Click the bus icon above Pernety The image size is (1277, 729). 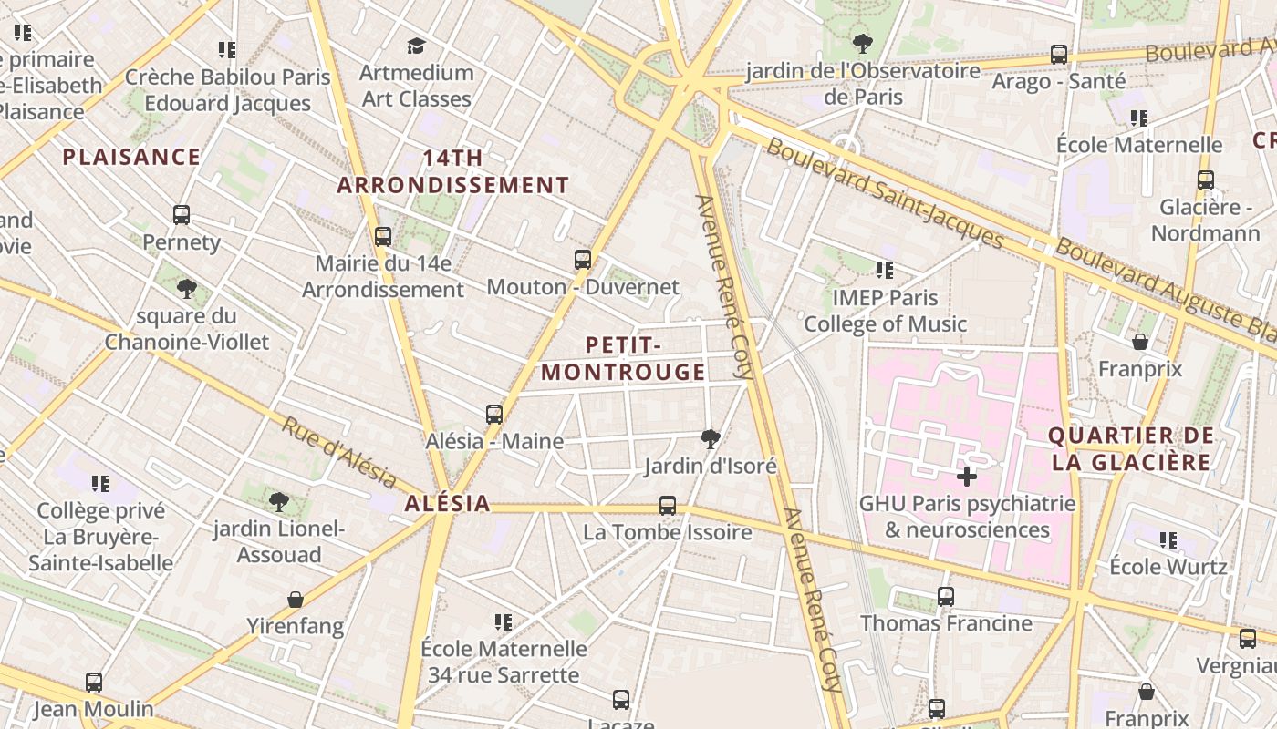[x=182, y=215]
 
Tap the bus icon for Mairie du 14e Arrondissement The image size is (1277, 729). [x=383, y=237]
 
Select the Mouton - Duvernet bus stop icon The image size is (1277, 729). [x=583, y=260]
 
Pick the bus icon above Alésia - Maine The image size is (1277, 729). [x=494, y=415]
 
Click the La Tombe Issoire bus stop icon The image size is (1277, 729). [x=668, y=506]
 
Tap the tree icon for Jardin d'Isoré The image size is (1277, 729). [x=710, y=440]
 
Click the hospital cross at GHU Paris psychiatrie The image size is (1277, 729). [x=967, y=476]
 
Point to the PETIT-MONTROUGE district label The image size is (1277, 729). [x=624, y=358]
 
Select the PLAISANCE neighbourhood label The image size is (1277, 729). [x=131, y=157]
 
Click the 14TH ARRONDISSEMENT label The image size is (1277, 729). [x=452, y=171]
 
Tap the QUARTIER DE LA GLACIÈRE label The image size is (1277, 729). [x=1130, y=448]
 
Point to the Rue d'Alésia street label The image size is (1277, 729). [x=338, y=453]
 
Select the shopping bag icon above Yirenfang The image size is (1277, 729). [x=295, y=600]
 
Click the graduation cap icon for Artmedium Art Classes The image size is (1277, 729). [x=416, y=46]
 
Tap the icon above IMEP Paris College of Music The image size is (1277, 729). [x=884, y=270]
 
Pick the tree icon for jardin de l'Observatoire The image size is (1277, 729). [x=862, y=43]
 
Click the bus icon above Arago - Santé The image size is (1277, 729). [x=1058, y=54]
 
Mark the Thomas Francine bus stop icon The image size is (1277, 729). [x=946, y=597]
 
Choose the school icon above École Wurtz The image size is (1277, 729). [x=1168, y=540]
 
